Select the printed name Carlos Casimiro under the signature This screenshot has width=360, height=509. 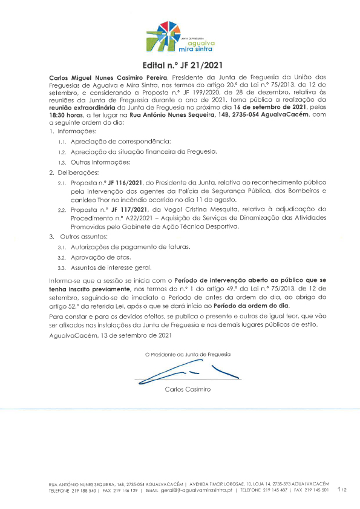pyautogui.click(x=188, y=389)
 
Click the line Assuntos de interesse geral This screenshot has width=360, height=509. pyautogui.click(x=111, y=268)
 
